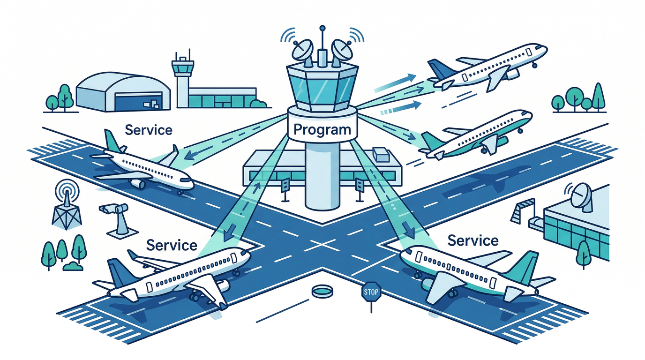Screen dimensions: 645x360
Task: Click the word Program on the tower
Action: [x=322, y=129]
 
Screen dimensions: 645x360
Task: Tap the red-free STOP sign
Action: [x=371, y=292]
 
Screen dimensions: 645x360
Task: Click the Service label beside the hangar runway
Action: [x=149, y=130]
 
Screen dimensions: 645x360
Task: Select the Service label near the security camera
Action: [x=172, y=245]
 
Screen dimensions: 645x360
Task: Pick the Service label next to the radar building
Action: [x=473, y=240]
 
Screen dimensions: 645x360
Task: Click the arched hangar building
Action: [x=123, y=91]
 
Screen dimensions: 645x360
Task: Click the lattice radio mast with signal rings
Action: [x=67, y=204]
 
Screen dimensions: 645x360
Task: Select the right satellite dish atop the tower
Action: [x=341, y=53]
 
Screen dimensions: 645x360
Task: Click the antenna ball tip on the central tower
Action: [x=322, y=28]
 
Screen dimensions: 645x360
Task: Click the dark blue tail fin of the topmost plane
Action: [x=440, y=69]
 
